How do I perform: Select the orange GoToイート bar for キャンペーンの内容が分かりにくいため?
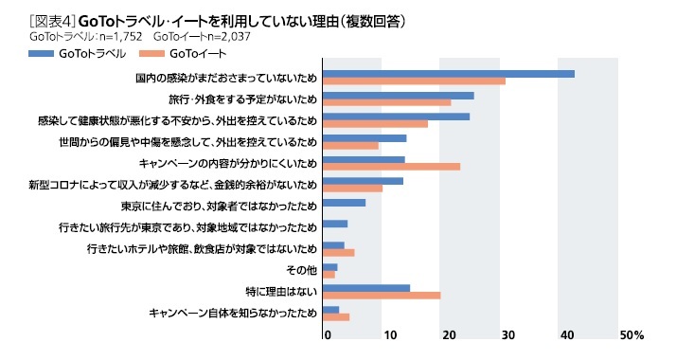[x=391, y=167]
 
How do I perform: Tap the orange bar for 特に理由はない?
[x=382, y=296]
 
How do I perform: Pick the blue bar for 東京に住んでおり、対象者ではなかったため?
[x=344, y=203]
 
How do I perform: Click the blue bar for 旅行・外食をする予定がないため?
[x=398, y=96]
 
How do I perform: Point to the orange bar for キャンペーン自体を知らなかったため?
[x=336, y=317]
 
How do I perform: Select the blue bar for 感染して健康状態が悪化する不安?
[x=396, y=117]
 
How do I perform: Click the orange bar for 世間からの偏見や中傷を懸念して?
[x=350, y=146]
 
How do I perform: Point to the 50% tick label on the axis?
[x=632, y=335]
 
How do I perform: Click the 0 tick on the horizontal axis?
[x=328, y=335]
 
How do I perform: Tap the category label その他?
[x=300, y=270]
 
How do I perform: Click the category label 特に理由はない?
[x=280, y=291]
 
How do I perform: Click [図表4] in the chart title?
[x=52, y=18]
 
